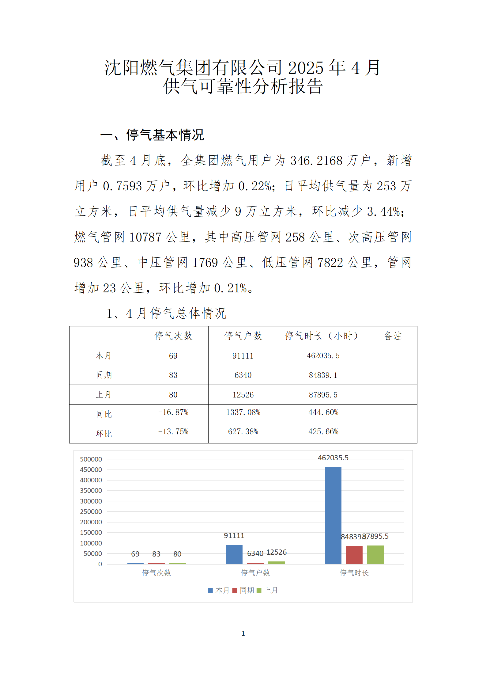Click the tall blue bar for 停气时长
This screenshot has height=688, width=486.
click(333, 515)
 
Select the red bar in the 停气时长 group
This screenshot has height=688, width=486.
click(354, 555)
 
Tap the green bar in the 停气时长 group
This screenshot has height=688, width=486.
click(375, 554)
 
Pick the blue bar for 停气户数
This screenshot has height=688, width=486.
click(234, 554)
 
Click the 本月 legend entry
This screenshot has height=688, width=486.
click(219, 590)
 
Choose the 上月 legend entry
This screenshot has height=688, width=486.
click(267, 590)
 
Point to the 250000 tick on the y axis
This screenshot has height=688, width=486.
click(91, 511)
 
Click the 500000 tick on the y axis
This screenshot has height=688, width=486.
click(91, 459)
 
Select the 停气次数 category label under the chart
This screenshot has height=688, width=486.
click(156, 572)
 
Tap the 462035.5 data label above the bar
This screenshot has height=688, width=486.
click(333, 458)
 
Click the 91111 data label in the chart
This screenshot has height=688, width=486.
click(234, 536)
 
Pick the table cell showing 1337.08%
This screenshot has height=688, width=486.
click(243, 412)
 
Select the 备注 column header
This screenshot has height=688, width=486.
click(393, 336)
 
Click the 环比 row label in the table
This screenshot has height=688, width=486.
click(104, 434)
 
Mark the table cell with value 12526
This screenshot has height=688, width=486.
click(243, 395)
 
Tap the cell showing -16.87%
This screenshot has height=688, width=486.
click(173, 412)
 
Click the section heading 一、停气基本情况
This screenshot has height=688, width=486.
click(152, 135)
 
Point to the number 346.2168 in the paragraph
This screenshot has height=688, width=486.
click(316, 161)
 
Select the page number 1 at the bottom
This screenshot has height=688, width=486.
click(243, 633)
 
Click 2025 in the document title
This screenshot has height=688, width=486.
click(306, 68)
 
